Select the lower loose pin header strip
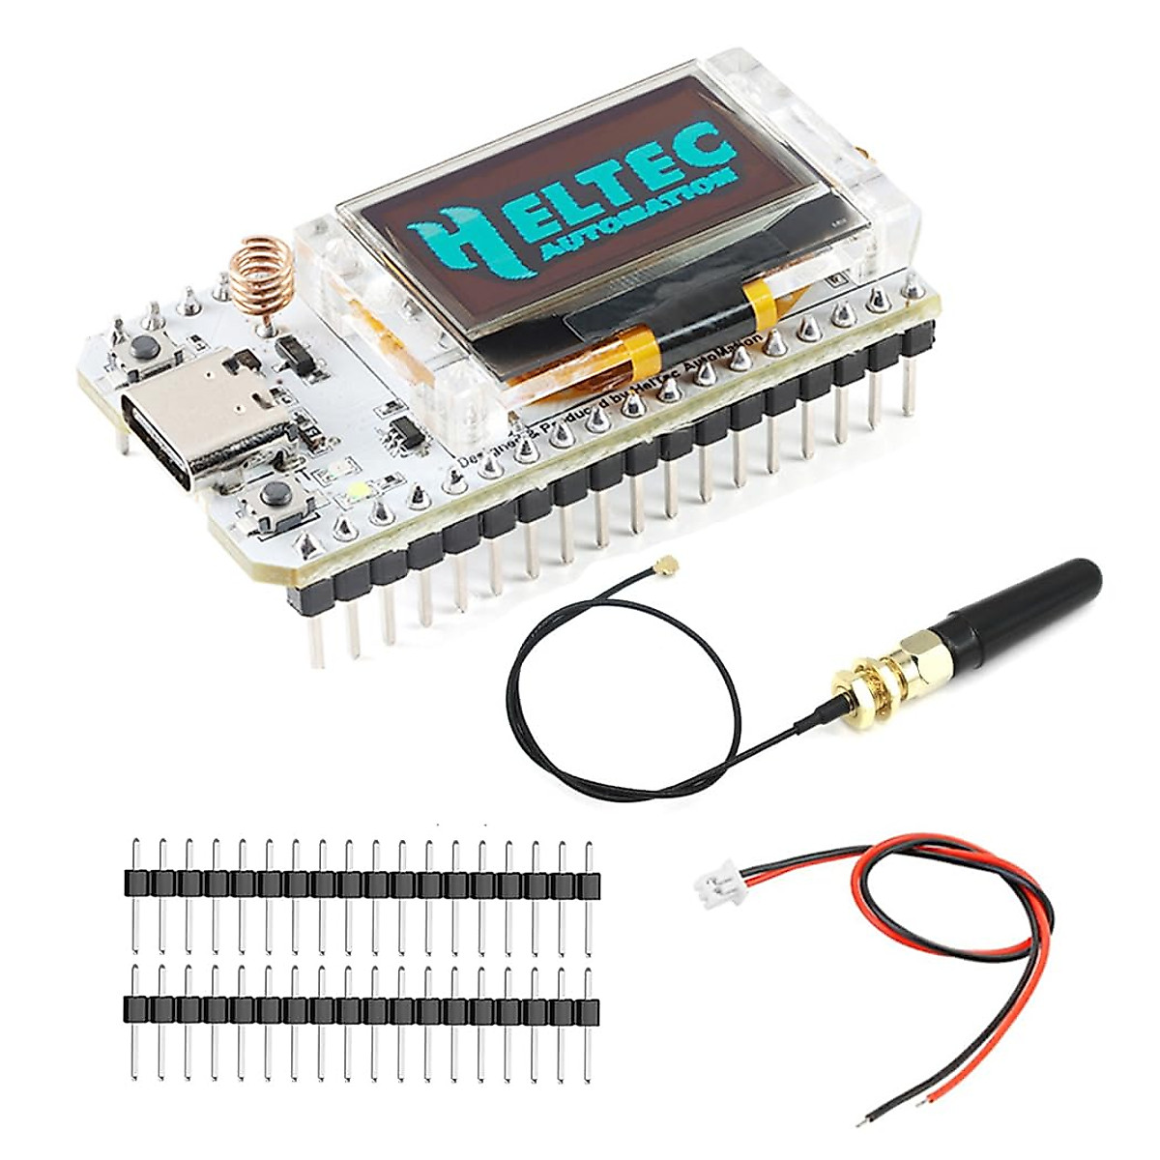(x=361, y=1010)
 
